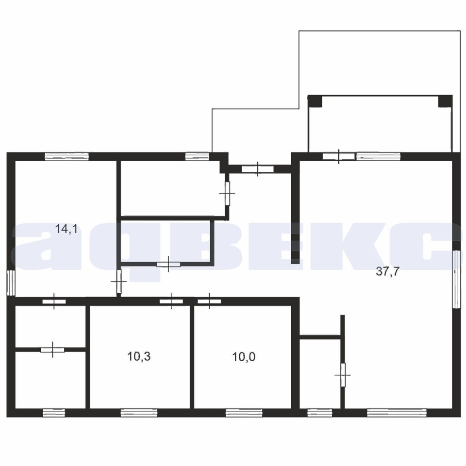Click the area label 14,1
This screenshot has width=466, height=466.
click(67, 229)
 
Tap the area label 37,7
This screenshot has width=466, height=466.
click(388, 271)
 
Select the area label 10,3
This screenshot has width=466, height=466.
click(139, 356)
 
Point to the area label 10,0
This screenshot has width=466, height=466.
click(244, 357)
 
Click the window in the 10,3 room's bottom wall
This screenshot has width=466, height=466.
click(139, 413)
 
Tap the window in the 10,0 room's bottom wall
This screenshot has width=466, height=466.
click(244, 413)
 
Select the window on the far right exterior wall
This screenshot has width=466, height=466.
click(456, 279)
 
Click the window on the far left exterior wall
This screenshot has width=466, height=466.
click(11, 283)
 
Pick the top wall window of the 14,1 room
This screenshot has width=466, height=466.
click(67, 156)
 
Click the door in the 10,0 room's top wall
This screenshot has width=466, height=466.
click(209, 301)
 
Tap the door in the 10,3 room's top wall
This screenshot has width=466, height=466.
click(171, 301)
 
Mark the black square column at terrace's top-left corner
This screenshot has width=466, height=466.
click(315, 101)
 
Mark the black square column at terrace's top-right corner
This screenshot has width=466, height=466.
click(445, 101)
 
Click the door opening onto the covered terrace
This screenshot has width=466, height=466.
click(339, 156)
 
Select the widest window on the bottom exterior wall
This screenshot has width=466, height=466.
click(397, 413)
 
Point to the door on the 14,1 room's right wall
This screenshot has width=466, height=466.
click(119, 281)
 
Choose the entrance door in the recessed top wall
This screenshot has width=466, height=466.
click(257, 169)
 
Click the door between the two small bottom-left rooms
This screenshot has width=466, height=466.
click(52, 349)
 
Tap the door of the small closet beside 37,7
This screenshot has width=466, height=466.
click(343, 375)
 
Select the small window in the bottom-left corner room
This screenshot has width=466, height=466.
click(54, 413)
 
